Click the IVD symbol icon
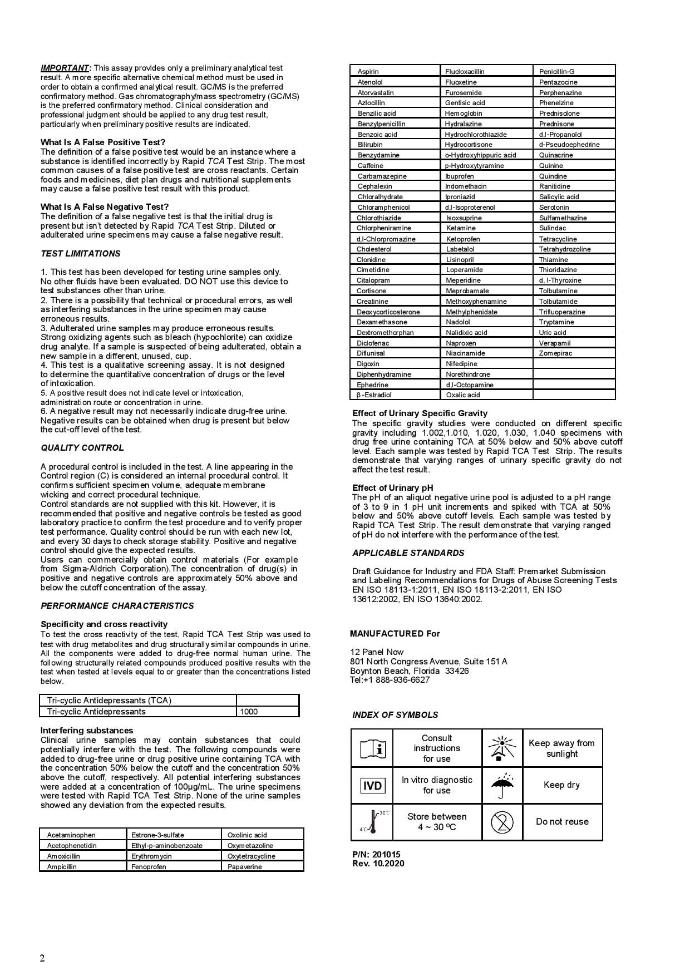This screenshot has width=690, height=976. click(372, 785)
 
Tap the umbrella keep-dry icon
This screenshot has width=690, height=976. click(502, 785)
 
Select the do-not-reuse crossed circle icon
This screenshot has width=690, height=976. click(502, 821)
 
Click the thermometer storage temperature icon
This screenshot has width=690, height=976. click(372, 821)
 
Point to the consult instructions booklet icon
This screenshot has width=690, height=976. click(372, 748)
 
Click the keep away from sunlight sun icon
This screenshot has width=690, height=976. click(502, 748)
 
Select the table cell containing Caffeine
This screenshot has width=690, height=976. click(395, 165)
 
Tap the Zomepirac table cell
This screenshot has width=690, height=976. click(574, 353)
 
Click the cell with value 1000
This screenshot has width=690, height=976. click(268, 711)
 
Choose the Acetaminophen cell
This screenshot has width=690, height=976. click(83, 835)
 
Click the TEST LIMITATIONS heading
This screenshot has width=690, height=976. click(80, 254)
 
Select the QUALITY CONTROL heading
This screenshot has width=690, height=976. click(82, 448)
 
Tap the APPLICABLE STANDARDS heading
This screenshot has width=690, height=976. click(408, 553)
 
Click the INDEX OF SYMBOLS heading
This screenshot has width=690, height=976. click(395, 715)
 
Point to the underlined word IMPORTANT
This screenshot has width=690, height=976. click(65, 68)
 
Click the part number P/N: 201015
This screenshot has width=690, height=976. click(376, 854)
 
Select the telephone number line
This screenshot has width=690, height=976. click(390, 680)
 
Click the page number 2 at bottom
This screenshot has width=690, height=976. click(42, 958)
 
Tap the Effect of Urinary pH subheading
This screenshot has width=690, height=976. click(385, 488)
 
